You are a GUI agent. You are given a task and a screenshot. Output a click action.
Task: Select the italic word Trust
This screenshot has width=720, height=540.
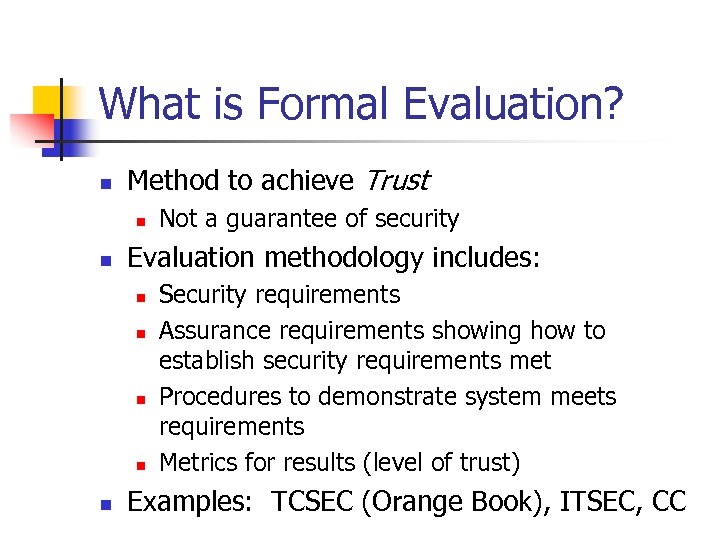click(x=396, y=181)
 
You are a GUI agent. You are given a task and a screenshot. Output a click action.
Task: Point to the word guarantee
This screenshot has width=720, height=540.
click(x=268, y=219)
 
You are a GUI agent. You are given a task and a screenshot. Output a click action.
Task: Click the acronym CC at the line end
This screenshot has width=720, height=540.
click(x=667, y=502)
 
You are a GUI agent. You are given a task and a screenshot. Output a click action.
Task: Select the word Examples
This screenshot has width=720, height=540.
click(x=190, y=502)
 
